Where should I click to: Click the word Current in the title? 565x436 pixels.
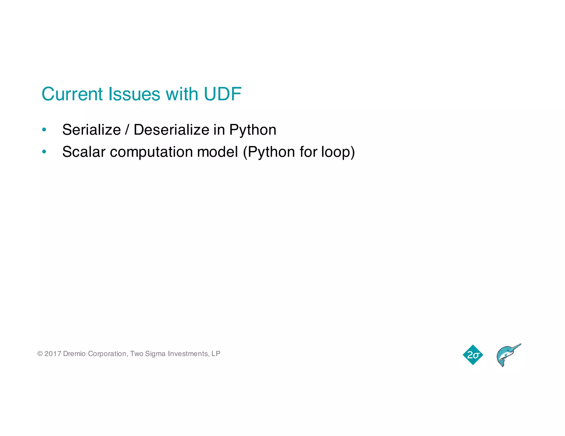(x=72, y=94)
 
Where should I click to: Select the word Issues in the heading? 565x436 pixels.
(x=134, y=94)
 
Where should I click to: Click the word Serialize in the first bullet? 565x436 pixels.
(x=91, y=130)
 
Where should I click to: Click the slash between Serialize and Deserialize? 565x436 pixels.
(x=127, y=130)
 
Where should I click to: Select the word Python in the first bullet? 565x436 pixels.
(x=252, y=130)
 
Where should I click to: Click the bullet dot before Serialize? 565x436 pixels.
(x=44, y=130)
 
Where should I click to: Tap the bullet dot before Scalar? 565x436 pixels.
(x=44, y=152)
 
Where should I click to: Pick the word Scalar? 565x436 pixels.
(x=84, y=152)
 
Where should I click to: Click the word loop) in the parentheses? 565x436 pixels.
(x=338, y=152)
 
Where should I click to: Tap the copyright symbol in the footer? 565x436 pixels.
(x=40, y=354)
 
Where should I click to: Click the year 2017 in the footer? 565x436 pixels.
(x=53, y=354)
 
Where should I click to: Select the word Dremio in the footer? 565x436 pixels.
(x=74, y=354)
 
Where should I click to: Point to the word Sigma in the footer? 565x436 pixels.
(x=155, y=354)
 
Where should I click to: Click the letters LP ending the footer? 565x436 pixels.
(x=216, y=354)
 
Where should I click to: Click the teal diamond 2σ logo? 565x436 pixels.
(x=473, y=355)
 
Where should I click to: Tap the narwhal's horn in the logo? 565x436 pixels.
(x=515, y=347)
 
